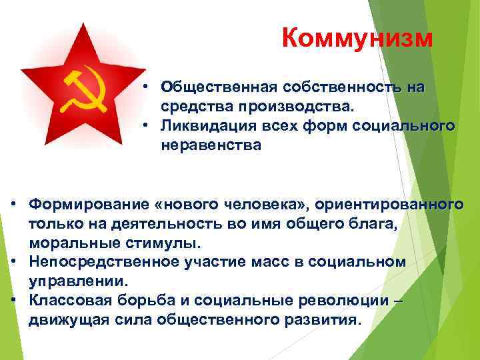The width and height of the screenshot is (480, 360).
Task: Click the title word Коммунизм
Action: [357, 39]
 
